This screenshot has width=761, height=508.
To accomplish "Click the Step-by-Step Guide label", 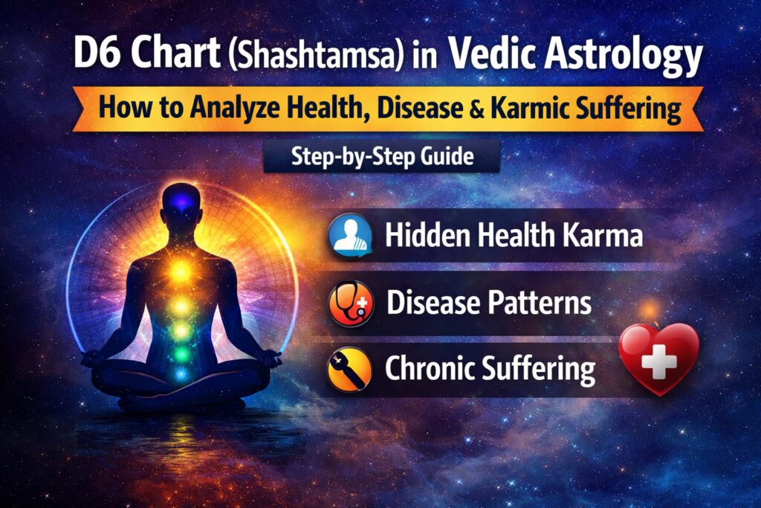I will [x=380, y=158].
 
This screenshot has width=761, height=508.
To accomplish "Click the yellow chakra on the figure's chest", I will [x=178, y=272].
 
